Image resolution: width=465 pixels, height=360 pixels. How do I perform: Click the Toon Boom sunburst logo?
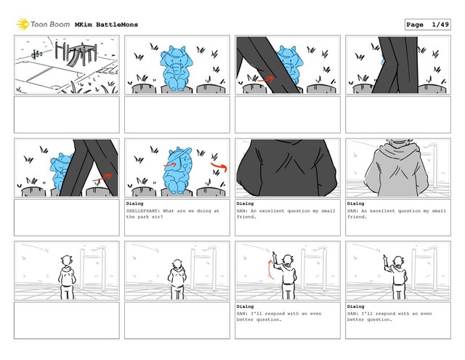point(23,24)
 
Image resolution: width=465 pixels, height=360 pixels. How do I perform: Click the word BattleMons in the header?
point(117,25)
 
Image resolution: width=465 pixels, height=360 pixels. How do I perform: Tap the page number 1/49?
point(440,25)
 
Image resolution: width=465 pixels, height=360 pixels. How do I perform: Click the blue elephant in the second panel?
point(177,67)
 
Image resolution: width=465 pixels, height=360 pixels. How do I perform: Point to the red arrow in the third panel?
point(265,79)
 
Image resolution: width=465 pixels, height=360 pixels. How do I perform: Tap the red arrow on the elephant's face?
point(170,165)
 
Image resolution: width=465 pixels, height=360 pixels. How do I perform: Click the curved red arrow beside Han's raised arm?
point(270,269)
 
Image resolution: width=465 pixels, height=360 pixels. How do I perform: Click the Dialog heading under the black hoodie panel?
point(245,203)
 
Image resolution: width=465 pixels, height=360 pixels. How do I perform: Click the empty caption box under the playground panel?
point(67,115)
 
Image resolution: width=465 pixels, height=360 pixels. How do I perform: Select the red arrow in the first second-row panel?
point(102,178)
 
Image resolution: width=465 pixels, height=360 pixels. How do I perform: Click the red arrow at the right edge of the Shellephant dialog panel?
point(219,166)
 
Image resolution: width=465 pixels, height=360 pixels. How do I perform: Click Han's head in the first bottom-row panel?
point(67,261)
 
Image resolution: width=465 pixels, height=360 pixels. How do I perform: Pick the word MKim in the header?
point(84,25)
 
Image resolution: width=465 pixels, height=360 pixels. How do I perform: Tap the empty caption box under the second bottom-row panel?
point(177,320)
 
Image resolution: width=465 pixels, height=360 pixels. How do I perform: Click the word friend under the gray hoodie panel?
point(357,217)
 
